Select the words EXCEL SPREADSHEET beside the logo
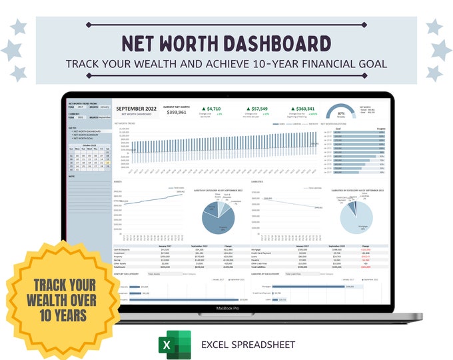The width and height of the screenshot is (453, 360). (248, 345)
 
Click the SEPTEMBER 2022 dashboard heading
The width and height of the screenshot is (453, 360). (136, 107)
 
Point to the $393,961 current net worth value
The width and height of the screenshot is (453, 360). (177, 113)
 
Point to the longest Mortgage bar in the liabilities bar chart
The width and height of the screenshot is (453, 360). (312, 287)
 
